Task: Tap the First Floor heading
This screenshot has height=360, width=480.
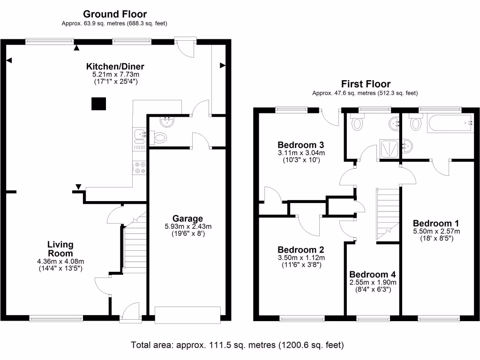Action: click(x=365, y=84)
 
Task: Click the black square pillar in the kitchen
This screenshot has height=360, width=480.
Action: click(x=98, y=104)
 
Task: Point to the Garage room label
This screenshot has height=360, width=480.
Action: click(x=187, y=218)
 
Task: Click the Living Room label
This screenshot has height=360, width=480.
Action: click(x=60, y=249)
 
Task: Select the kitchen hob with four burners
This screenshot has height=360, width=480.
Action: click(x=139, y=167)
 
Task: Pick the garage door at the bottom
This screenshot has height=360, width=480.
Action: click(x=187, y=315)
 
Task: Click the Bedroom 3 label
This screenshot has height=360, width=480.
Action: click(x=301, y=144)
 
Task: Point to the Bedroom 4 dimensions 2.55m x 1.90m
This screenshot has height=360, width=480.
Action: click(x=373, y=282)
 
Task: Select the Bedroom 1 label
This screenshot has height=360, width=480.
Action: click(x=436, y=223)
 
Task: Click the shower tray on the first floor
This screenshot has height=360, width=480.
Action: click(x=388, y=148)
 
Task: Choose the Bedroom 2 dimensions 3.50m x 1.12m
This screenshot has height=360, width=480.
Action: click(x=301, y=258)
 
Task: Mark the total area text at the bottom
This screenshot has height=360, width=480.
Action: click(x=237, y=345)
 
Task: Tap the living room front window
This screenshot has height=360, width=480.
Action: click(x=57, y=318)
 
